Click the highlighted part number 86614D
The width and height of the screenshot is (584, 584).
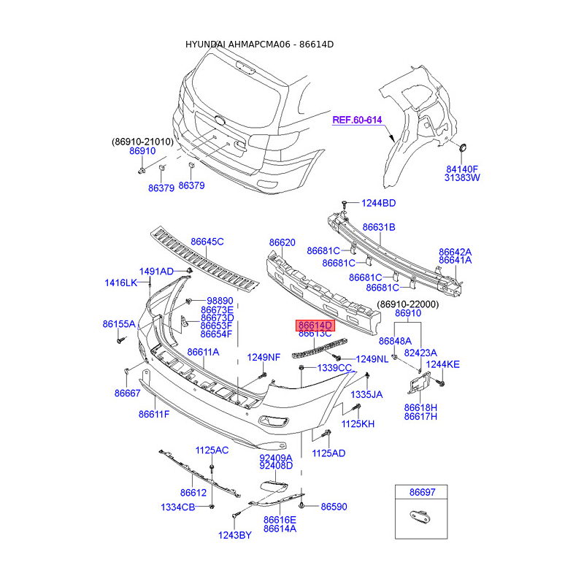[315, 326]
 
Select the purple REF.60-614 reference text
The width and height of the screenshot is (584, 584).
[357, 120]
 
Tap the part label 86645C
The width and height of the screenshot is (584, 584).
[207, 242]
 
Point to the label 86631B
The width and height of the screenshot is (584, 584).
[379, 227]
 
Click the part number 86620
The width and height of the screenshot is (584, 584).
[283, 242]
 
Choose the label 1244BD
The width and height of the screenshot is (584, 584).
[378, 203]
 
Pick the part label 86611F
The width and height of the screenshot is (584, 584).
[154, 414]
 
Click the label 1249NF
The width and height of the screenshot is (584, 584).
[264, 358]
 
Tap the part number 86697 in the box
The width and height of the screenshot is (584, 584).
[422, 492]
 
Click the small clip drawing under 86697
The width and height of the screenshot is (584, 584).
[421, 516]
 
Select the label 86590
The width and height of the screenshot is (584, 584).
[334, 507]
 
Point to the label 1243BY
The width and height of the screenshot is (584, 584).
[234, 535]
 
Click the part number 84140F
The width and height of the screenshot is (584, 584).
[462, 169]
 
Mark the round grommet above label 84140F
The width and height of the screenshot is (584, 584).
[463, 147]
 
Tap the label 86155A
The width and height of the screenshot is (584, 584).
[119, 324]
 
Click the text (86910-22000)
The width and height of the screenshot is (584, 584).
[408, 304]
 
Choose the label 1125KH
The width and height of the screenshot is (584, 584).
[358, 424]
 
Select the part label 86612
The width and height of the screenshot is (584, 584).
[193, 493]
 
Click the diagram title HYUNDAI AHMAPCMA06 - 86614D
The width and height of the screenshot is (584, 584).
[260, 45]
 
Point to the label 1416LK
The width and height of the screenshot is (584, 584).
[121, 283]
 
